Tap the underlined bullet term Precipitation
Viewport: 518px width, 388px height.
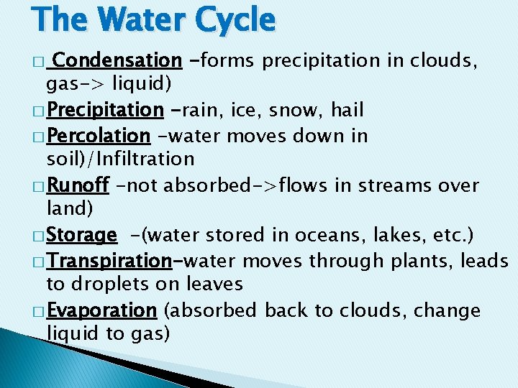point(105,110)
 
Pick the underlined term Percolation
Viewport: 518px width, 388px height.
point(98,135)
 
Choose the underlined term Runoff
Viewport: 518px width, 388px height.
point(78,185)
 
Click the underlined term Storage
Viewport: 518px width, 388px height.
point(81,235)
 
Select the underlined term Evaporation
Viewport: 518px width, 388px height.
point(101,310)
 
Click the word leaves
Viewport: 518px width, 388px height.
point(208,284)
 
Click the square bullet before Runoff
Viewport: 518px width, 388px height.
point(39,186)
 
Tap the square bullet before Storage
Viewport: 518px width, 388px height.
point(39,236)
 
